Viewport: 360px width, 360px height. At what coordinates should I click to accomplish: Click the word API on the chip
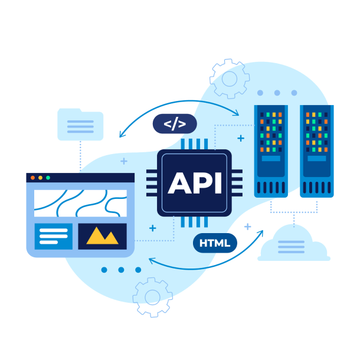point(195,183)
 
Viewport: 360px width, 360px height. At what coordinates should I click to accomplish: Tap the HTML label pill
point(215,243)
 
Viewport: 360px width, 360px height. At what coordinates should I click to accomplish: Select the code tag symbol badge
point(175,124)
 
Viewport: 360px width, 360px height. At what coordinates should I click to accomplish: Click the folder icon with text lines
point(80,125)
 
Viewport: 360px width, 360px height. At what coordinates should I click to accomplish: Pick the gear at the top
point(230,78)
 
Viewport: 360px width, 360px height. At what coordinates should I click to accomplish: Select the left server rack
point(271,150)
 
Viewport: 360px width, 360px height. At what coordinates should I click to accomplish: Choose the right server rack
point(317,150)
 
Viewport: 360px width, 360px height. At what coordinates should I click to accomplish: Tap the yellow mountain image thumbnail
point(102,236)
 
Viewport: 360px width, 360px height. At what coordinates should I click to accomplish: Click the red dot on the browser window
point(32,178)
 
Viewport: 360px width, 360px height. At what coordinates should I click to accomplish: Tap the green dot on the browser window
point(48,178)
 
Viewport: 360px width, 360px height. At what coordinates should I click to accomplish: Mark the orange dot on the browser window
point(40,178)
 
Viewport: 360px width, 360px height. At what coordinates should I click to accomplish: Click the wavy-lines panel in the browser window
point(80,203)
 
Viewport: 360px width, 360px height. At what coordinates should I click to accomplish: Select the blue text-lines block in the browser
point(54,236)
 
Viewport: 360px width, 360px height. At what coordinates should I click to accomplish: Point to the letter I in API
point(217,183)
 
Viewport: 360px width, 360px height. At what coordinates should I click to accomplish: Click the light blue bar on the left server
point(271,158)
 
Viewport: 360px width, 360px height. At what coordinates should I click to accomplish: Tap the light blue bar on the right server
point(317,158)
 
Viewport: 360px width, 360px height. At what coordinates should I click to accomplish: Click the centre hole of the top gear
point(230,78)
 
